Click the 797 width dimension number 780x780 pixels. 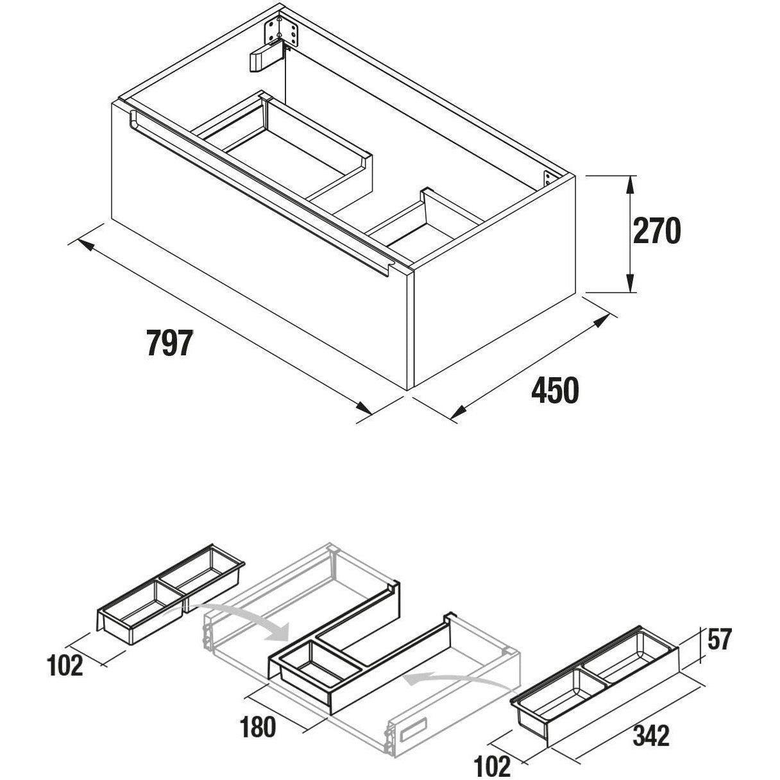[169, 343]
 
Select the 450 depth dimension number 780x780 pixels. [555, 390]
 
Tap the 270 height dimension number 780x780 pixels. [657, 232]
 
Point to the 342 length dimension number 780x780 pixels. [651, 735]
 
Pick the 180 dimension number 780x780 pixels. [258, 727]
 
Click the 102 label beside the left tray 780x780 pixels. [65, 666]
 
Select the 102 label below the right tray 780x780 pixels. [493, 765]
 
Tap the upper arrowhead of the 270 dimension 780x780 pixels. [631, 185]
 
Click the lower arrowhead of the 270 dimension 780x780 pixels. [631, 282]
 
